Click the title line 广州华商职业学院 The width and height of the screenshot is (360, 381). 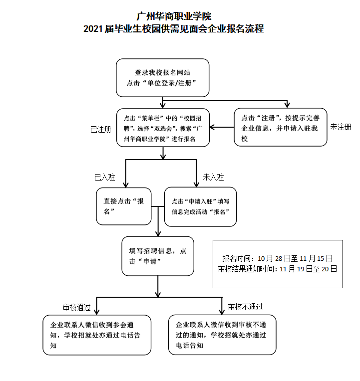click(174, 16)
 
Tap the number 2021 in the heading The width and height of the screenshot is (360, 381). click(93, 29)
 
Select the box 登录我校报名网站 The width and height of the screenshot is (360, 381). click(162, 78)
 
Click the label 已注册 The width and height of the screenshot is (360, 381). click(100, 130)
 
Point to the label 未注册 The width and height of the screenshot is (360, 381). click(341, 127)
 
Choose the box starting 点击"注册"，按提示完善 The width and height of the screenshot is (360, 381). click(281, 127)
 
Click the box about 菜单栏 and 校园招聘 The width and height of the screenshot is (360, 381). click(163, 128)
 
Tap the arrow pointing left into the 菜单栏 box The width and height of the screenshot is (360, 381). click(222, 127)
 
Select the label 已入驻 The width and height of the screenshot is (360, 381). click(104, 177)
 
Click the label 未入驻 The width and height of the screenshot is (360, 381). click(213, 177)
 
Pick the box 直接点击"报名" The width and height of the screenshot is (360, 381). click(124, 206)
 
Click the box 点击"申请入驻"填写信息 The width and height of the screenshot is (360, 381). click(200, 207)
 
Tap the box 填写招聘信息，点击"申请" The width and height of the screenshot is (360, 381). click(158, 256)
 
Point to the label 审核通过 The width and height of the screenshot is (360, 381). click(76, 307)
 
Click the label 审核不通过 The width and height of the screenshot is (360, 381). click(246, 307)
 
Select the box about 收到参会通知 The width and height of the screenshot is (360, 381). click(97, 335)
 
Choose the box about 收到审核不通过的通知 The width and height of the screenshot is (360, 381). click(222, 335)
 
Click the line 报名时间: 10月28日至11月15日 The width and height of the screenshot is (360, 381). click(278, 258)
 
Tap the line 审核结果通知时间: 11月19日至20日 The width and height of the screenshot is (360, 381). click(278, 269)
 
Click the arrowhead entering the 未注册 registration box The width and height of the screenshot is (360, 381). click(287, 105)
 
